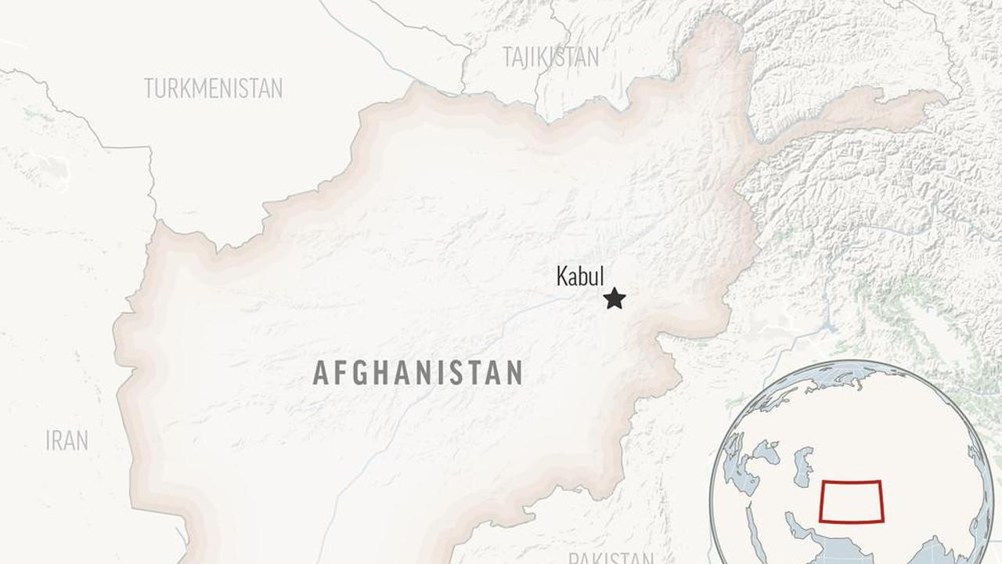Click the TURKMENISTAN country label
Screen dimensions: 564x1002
213,89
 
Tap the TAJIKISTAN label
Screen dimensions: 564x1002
550,57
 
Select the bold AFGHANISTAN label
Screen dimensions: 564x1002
417,373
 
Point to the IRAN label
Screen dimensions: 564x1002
67,441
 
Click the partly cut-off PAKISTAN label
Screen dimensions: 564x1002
611,558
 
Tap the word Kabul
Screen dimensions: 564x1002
580,277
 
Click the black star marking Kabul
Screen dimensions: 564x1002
615,298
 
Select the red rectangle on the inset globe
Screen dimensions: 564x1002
851,501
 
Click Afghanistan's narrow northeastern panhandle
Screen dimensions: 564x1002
861,110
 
